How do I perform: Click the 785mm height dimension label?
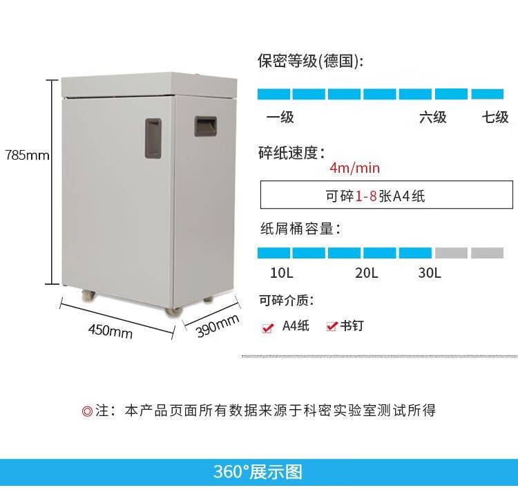coord(27,155)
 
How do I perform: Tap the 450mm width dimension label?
coord(111,330)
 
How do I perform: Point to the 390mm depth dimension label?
coord(218,326)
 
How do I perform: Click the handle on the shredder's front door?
coord(153,138)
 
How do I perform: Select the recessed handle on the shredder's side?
coord(206,126)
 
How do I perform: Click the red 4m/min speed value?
coord(355,168)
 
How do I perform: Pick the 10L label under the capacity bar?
coord(282,273)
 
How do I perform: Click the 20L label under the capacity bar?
coord(366,273)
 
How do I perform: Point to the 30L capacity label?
coord(430,273)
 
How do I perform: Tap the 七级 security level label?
coord(495,117)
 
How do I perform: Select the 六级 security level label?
coord(433,117)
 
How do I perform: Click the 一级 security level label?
coord(280,117)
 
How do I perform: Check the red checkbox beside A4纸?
coord(267,328)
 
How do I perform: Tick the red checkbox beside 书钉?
coord(332,326)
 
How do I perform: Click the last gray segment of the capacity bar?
coord(488,253)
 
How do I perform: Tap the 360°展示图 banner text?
coord(258,472)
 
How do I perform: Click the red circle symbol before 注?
coord(87,411)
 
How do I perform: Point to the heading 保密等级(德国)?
coord(310,61)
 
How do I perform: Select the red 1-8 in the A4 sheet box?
coord(366,196)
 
